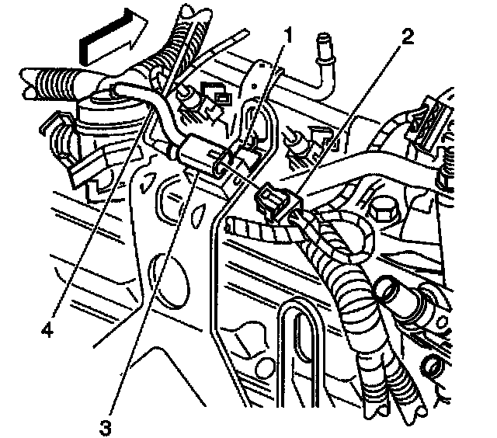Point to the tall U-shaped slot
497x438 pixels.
(300, 349)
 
